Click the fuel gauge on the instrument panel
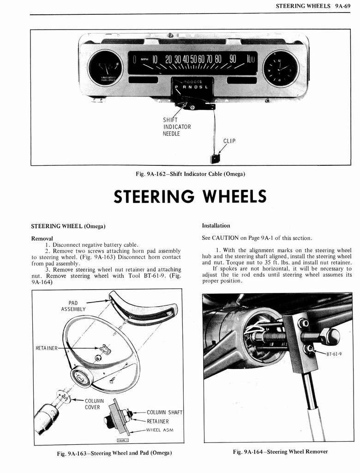point(105,67)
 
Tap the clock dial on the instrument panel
point(281,68)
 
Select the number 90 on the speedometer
point(233,59)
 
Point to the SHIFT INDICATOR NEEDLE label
point(177,127)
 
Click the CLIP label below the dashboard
point(229,141)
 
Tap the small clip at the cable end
point(215,158)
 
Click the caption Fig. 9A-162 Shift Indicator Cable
point(190,174)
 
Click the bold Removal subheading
point(42,238)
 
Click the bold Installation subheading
point(216,225)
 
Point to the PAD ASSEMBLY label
point(73,306)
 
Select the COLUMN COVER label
point(94,404)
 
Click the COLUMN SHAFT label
point(164,412)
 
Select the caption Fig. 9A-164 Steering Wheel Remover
point(280,451)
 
